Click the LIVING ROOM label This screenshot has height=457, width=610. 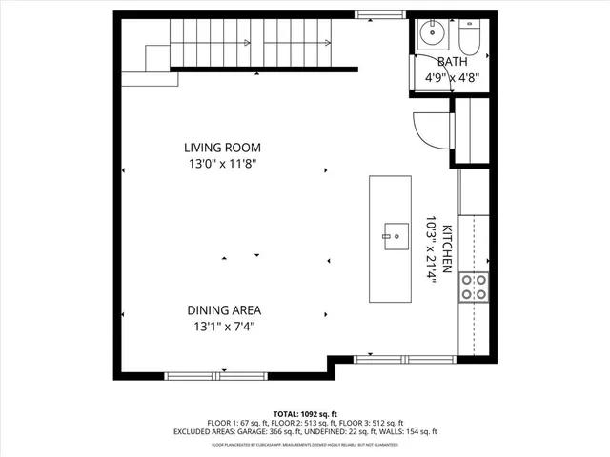coord(222,148)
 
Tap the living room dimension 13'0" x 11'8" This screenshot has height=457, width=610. coord(222,163)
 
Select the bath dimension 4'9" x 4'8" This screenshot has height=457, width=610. coord(452,80)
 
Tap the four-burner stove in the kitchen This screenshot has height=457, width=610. coord(474,287)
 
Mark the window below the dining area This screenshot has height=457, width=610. coord(222,375)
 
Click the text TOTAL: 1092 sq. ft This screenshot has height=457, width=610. coord(305,413)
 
